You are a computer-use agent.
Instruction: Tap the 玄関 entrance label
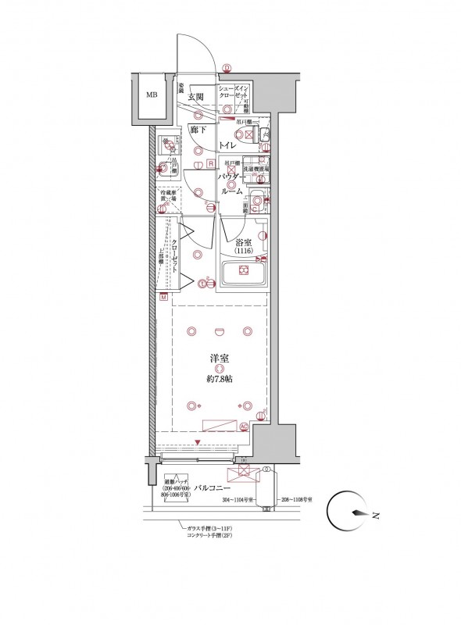(195, 98)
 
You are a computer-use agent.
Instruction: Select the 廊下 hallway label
(198, 130)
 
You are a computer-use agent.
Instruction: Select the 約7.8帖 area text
(220, 379)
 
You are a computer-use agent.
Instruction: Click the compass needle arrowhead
(358, 514)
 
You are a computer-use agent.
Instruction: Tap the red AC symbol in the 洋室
(243, 427)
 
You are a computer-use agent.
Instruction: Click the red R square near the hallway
(210, 163)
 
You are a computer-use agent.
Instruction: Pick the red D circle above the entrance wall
(227, 68)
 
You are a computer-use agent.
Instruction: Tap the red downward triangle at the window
(198, 444)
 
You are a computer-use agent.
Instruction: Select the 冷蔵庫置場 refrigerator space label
(167, 196)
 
